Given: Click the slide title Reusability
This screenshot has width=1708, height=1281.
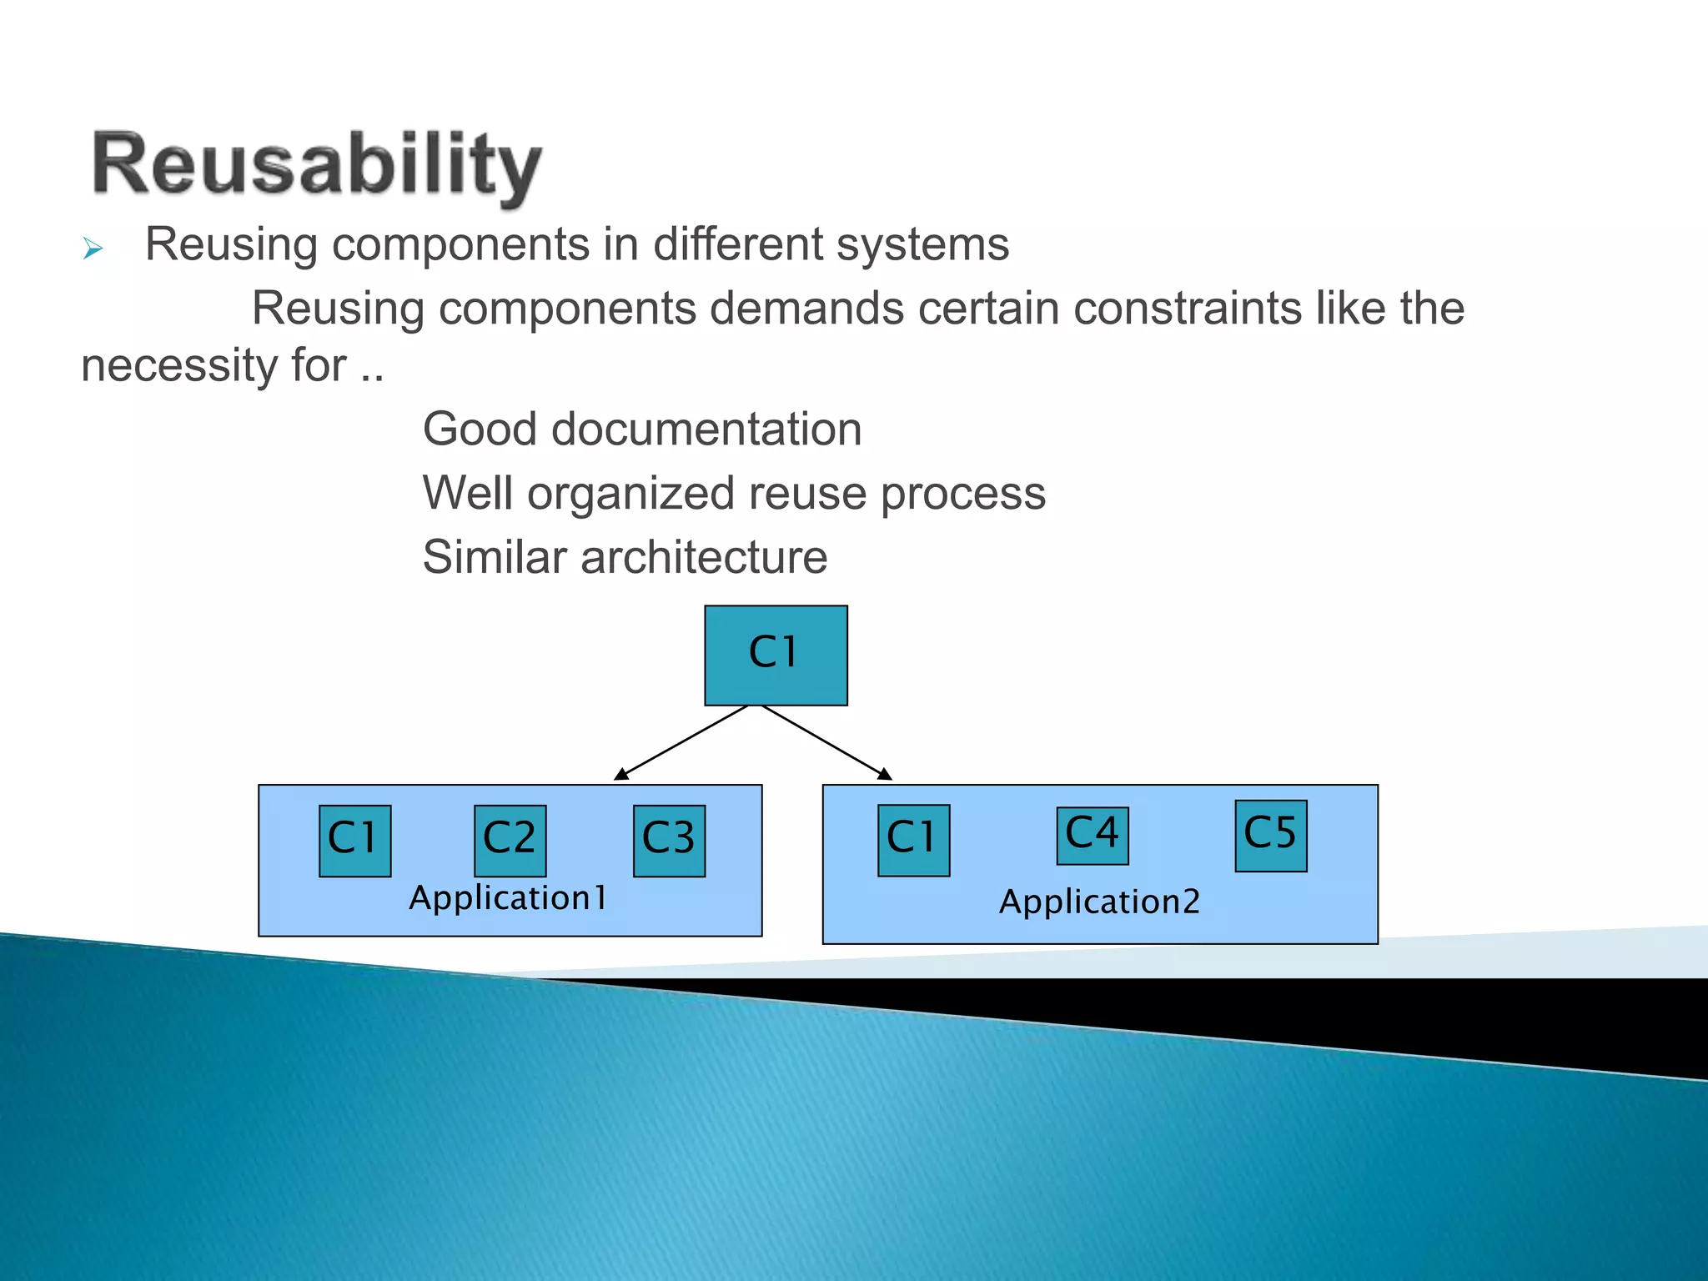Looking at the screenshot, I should (x=317, y=164).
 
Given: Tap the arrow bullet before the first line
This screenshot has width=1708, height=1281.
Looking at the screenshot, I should (x=93, y=249).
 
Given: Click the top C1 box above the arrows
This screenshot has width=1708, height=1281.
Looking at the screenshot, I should (x=776, y=656).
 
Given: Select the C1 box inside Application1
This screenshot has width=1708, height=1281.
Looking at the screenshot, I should (x=354, y=841).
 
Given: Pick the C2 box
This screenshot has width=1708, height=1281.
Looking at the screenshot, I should (x=510, y=841).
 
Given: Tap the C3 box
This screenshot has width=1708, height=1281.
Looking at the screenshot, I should (x=669, y=841).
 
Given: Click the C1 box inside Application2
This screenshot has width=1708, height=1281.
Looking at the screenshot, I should (x=913, y=840).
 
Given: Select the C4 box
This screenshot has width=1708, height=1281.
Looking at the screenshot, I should (x=1092, y=836).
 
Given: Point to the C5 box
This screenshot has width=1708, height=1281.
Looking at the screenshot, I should (x=1270, y=836).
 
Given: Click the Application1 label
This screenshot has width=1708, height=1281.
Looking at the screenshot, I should (x=508, y=898).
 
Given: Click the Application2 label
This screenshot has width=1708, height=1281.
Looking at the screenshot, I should (x=1099, y=902).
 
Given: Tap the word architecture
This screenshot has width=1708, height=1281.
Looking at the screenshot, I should (x=704, y=557).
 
